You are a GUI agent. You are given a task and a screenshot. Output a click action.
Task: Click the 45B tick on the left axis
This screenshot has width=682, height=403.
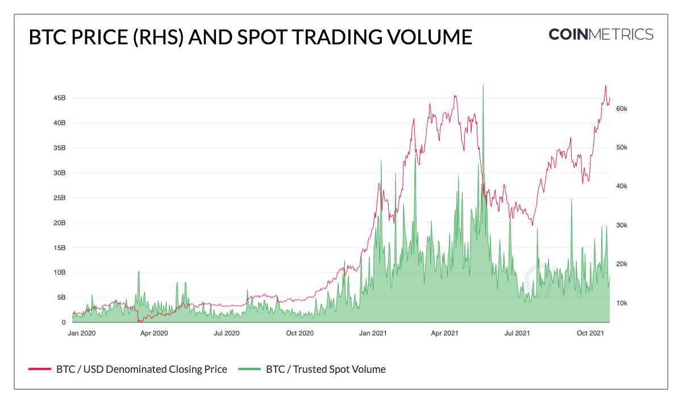(x=59, y=98)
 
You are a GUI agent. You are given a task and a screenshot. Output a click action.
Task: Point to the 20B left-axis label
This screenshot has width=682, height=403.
(x=59, y=222)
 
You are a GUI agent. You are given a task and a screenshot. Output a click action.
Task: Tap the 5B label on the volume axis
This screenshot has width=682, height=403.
(x=61, y=297)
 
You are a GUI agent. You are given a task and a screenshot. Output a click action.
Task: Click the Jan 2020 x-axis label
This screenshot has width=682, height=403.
(x=81, y=333)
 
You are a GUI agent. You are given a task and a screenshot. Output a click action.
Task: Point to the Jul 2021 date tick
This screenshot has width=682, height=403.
(x=517, y=333)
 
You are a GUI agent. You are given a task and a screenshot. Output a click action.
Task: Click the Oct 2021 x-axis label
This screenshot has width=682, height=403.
(x=589, y=333)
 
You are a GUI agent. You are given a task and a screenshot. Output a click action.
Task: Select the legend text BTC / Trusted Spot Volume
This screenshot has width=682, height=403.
(x=326, y=369)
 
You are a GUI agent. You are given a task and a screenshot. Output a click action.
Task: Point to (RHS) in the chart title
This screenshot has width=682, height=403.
(x=153, y=38)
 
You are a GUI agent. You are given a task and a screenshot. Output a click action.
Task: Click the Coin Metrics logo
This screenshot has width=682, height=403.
(x=601, y=34)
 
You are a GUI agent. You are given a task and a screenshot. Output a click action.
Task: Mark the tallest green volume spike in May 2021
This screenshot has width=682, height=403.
(x=483, y=86)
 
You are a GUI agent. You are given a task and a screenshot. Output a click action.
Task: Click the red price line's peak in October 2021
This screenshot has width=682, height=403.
(x=606, y=86)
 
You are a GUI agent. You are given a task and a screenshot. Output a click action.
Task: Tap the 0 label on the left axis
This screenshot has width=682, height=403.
(x=64, y=322)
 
